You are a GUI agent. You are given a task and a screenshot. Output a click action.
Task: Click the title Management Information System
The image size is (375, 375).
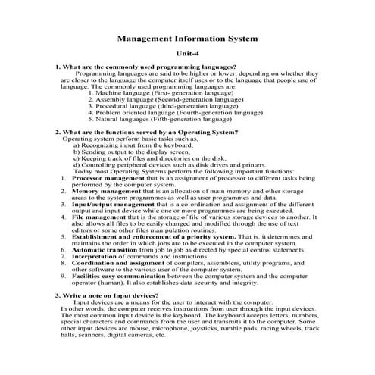click(x=188, y=36)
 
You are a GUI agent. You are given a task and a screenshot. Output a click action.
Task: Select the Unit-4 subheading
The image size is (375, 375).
click(x=187, y=53)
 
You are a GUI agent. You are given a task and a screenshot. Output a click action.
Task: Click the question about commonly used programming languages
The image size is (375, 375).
click(x=145, y=68)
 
